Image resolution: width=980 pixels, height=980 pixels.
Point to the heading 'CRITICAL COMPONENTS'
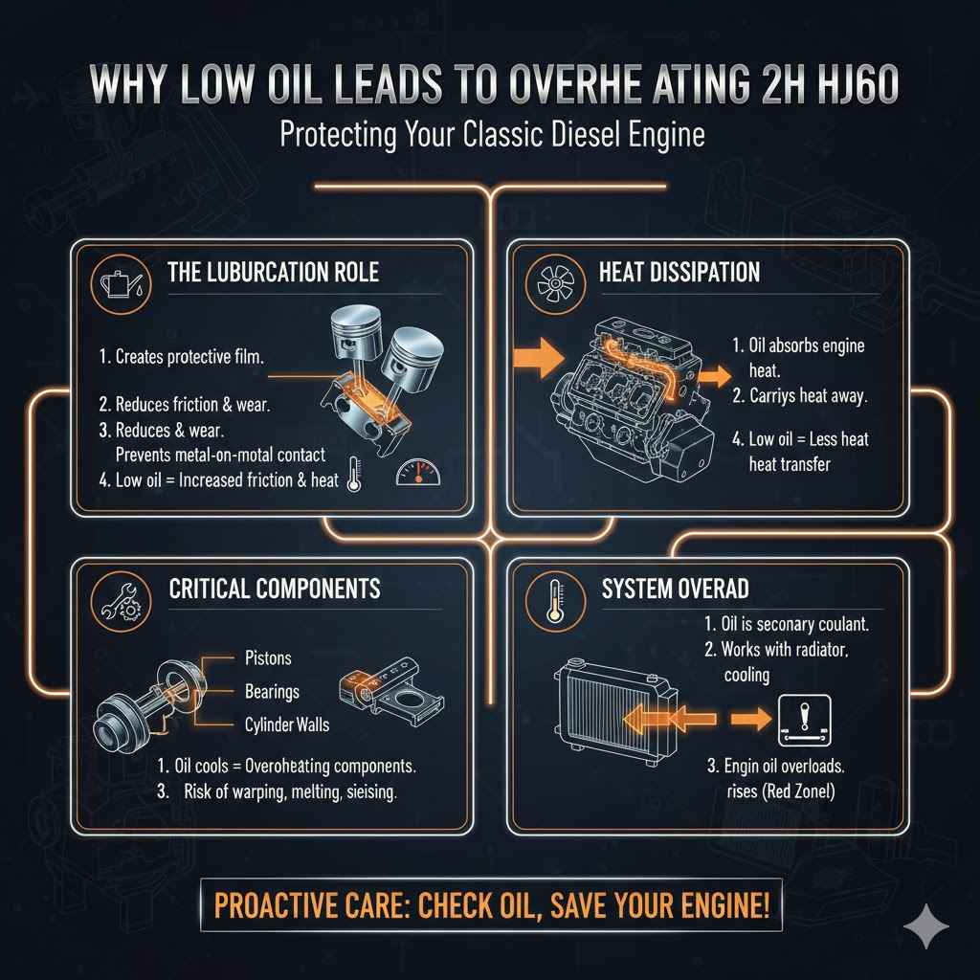tap(275, 589)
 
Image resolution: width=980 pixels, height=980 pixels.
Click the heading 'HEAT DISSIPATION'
tap(679, 272)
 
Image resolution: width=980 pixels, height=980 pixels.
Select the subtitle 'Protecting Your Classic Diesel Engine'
tap(491, 134)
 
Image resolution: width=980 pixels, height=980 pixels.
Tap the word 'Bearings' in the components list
tap(272, 691)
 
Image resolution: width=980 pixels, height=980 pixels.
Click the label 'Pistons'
tap(268, 658)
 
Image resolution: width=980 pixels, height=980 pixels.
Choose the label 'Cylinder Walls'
tap(287, 724)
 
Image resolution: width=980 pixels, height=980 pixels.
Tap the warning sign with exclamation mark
tap(801, 720)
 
